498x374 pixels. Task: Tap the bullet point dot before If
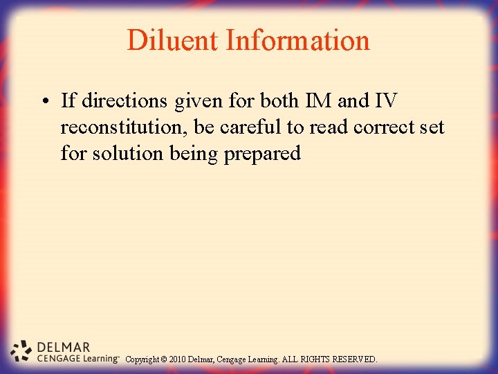44,102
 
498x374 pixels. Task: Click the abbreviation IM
315,101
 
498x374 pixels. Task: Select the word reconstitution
121,127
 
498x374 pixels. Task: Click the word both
279,101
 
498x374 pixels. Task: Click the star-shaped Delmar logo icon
22,351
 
